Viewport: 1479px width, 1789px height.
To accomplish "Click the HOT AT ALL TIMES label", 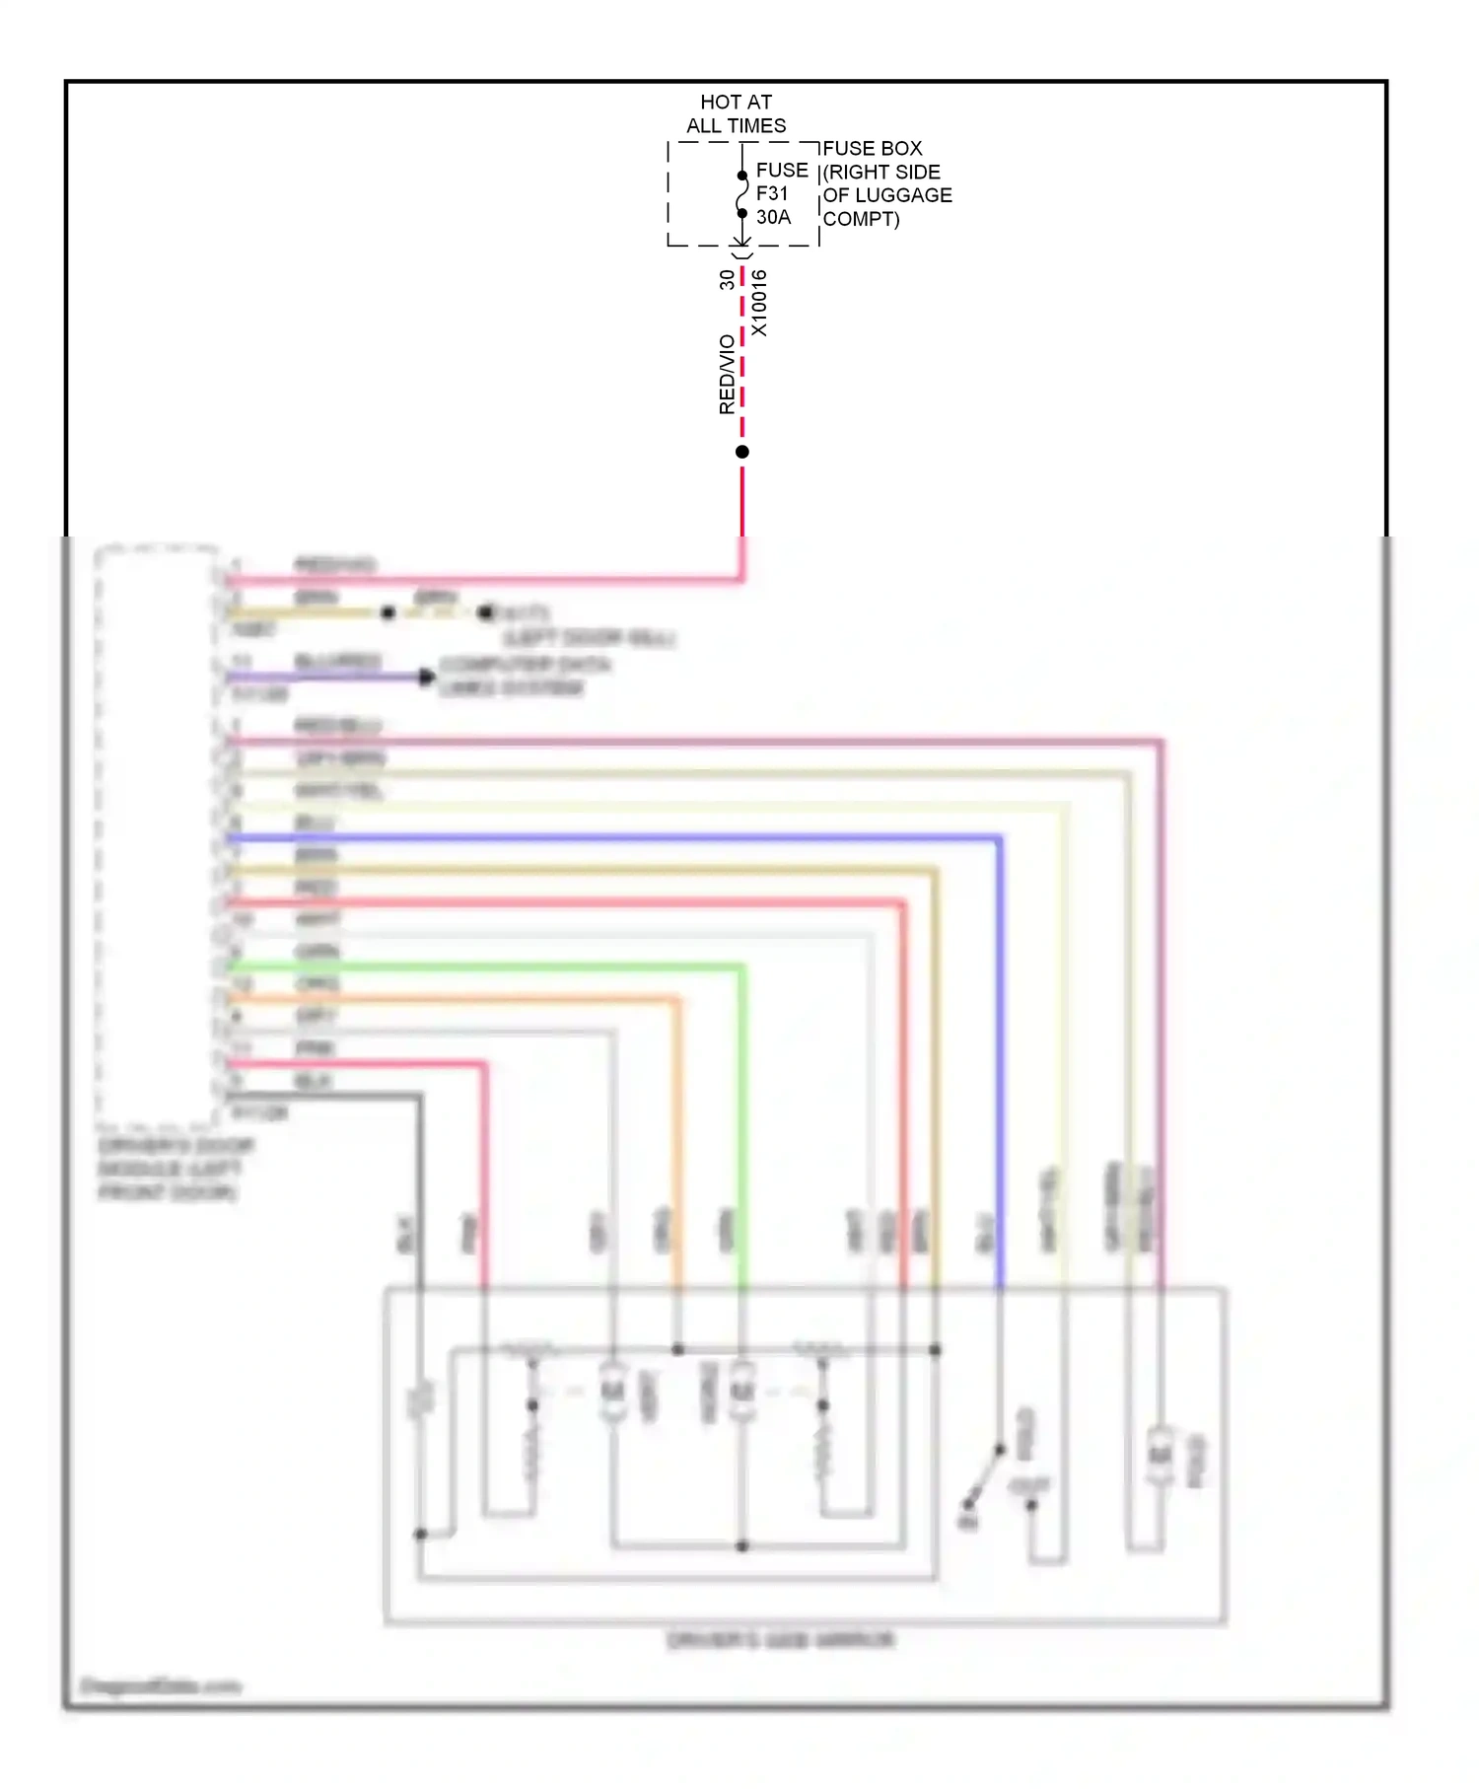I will pos(736,113).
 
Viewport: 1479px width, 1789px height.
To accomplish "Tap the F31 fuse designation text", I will pos(772,193).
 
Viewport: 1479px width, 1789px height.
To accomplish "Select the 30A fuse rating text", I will pos(773,217).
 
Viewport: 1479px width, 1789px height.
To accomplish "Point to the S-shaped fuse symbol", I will pos(742,194).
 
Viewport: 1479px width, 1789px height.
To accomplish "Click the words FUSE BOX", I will pos(873,148).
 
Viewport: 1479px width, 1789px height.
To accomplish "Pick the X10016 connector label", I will pos(758,303).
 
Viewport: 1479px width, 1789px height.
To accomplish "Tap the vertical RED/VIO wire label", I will pos(727,374).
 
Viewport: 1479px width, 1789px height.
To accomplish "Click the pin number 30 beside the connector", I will pos(727,280).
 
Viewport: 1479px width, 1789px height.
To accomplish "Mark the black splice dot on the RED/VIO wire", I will pos(742,452).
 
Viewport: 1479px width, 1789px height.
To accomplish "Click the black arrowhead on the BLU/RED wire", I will pos(426,677).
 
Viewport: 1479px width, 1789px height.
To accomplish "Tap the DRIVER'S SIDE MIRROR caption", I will pos(780,1640).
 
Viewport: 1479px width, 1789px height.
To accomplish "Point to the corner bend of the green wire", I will pos(741,968).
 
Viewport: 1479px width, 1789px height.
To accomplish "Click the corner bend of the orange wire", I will pos(677,1001).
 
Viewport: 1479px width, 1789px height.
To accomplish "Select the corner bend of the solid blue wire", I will pos(999,839).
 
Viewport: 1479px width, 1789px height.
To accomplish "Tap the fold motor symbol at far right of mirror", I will pos(1161,1455).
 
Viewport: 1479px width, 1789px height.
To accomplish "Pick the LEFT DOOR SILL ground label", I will pos(588,638).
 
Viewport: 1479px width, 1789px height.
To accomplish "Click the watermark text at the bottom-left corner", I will pos(160,1685).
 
